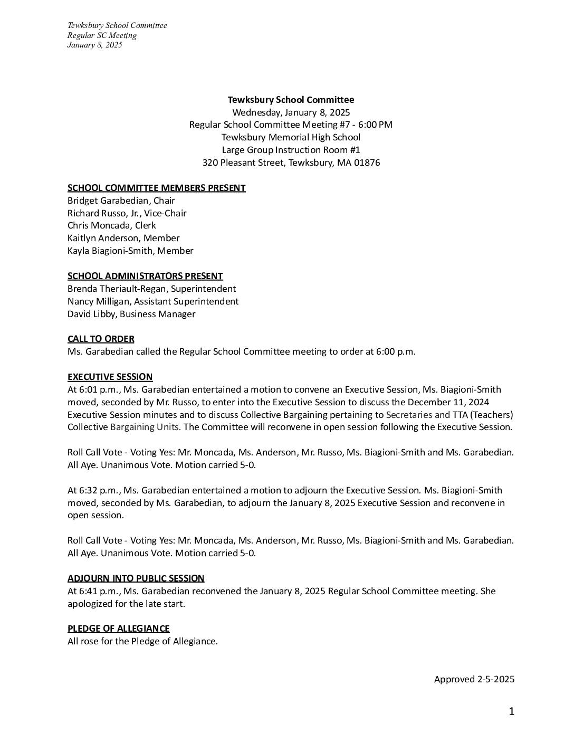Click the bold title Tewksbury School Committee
tap(291, 100)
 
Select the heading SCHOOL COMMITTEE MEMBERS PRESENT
tap(156, 188)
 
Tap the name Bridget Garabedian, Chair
tap(121, 201)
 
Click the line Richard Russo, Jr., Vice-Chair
tap(127, 213)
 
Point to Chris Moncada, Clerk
tap(111, 225)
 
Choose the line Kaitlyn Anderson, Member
tap(123, 238)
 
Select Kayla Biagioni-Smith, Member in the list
tap(130, 251)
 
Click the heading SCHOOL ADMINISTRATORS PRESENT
tap(145, 276)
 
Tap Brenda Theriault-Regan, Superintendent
tap(151, 289)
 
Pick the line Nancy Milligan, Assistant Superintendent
tap(153, 301)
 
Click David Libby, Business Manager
tap(131, 314)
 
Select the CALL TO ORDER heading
tap(101, 339)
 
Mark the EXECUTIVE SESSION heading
tap(110, 377)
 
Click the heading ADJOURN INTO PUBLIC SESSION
tap(136, 578)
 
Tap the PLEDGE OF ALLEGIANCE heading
tap(118, 628)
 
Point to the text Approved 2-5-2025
tap(474, 679)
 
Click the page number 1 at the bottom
tap(511, 712)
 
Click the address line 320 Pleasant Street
tap(291, 163)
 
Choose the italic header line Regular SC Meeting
tap(102, 35)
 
